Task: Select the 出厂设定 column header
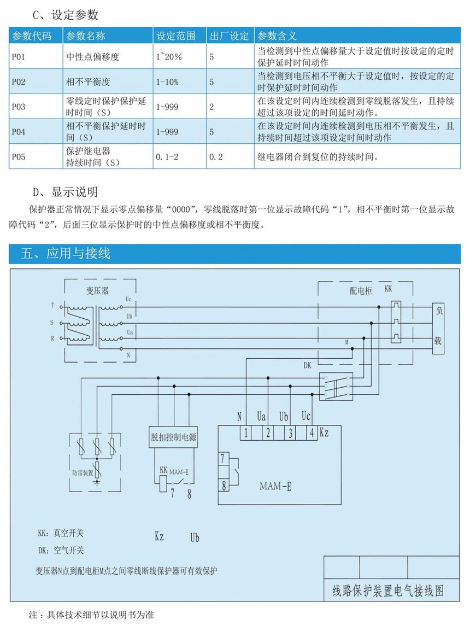[230, 37]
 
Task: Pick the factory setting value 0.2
[216, 157]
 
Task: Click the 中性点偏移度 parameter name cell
[92, 56]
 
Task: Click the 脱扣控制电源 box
[174, 437]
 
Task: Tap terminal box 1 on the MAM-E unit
[246, 432]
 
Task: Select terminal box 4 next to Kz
[311, 432]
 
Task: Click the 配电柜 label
[361, 291]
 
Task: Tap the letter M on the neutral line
[347, 342]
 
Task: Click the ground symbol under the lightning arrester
[97, 483]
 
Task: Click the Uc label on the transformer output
[128, 300]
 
